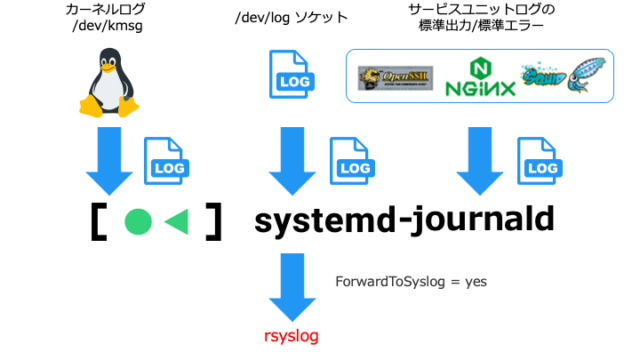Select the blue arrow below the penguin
coord(107,161)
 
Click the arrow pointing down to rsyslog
coord(291,286)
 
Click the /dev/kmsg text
coord(106,27)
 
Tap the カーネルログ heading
coord(106,10)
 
